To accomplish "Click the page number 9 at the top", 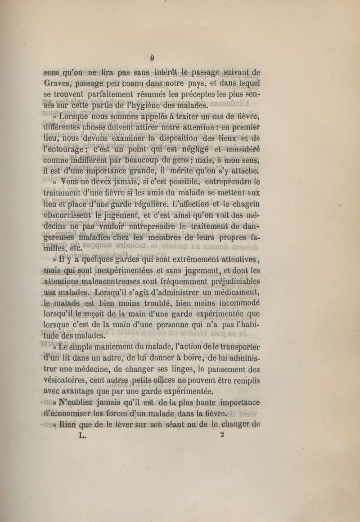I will coord(153,58).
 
